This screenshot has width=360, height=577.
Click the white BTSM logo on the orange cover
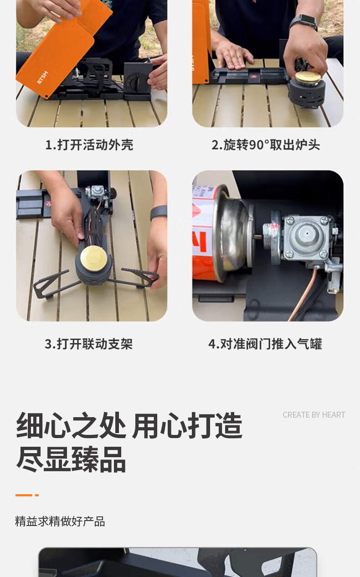click(42, 77)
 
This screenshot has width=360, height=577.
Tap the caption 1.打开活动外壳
click(89, 145)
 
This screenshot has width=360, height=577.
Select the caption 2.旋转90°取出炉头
click(266, 145)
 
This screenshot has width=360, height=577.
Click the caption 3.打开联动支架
click(89, 344)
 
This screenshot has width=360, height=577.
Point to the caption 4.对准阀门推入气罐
click(265, 344)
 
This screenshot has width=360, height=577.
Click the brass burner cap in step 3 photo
click(94, 258)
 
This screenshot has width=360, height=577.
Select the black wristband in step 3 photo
click(159, 213)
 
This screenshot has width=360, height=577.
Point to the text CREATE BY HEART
click(314, 415)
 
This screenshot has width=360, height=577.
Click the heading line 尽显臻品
click(71, 460)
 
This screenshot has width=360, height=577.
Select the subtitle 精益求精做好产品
click(60, 521)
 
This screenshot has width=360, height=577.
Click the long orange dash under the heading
click(24, 495)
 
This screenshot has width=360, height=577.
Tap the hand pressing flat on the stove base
click(234, 56)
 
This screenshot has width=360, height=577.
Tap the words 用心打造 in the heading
click(187, 425)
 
